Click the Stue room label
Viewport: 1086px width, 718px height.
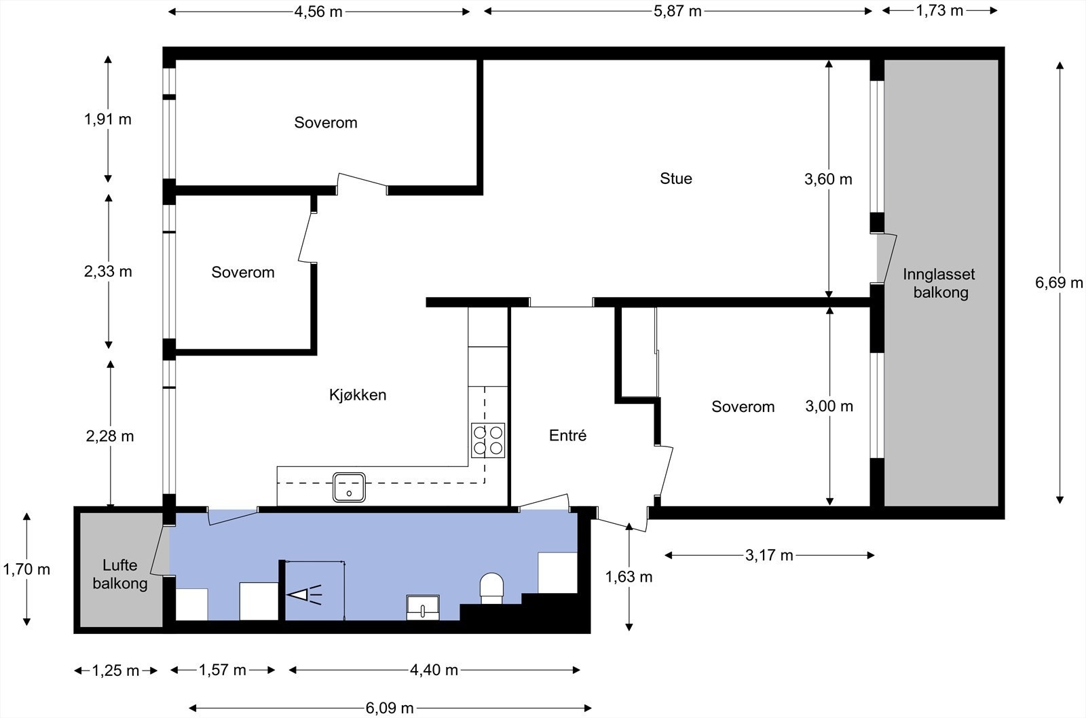click(676, 178)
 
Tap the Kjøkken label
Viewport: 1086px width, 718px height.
click(357, 395)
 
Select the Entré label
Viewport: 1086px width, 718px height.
click(567, 436)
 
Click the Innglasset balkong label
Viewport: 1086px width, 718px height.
click(939, 284)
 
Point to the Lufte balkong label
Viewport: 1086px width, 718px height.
click(120, 574)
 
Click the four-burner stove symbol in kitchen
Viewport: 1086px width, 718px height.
click(488, 440)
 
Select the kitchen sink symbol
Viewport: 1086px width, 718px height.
click(349, 487)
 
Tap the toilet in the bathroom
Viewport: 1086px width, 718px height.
click(491, 588)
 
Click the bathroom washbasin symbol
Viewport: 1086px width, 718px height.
click(422, 606)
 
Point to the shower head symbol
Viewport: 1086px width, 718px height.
click(303, 595)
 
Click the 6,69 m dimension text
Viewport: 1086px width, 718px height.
click(1059, 283)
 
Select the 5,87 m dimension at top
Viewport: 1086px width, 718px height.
click(677, 12)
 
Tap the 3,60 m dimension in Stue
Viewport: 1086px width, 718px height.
click(828, 180)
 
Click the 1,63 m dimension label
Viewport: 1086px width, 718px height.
click(629, 577)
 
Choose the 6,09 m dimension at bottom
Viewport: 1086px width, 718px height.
click(390, 708)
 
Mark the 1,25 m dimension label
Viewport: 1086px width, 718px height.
click(115, 671)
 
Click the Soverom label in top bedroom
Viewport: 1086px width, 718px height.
click(325, 123)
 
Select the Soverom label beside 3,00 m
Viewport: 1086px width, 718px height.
click(743, 407)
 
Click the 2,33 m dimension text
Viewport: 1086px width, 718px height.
click(108, 271)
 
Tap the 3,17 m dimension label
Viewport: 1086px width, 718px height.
click(769, 556)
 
